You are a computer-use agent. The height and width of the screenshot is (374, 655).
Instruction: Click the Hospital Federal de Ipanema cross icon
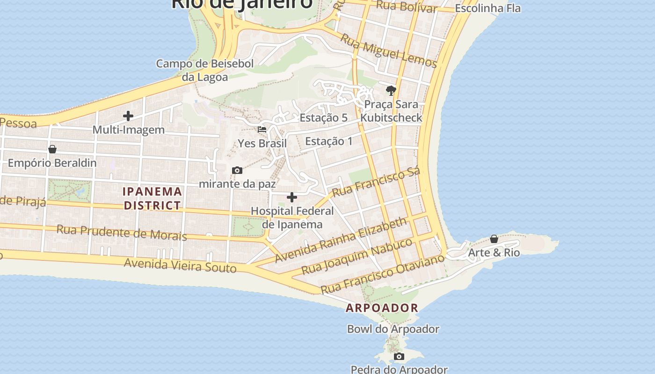tap(292, 197)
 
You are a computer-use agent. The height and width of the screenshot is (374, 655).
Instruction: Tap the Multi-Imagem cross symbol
tap(128, 115)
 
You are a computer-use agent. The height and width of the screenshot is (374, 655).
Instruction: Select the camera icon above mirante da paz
tap(237, 170)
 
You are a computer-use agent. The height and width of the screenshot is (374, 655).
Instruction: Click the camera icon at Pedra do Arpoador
tap(399, 357)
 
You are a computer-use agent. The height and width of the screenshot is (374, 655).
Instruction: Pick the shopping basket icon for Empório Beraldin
tap(52, 149)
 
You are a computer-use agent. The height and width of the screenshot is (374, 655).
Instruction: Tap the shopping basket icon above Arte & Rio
tap(494, 239)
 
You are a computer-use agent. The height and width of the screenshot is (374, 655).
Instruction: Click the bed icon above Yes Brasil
tap(262, 129)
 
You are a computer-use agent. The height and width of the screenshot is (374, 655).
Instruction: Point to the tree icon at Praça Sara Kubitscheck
tap(391, 90)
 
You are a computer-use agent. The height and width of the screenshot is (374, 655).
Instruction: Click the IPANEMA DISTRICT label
tap(152, 198)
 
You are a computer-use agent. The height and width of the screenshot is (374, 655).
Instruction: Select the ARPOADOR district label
tap(382, 308)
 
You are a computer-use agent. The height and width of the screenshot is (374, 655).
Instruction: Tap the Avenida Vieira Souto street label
tap(180, 265)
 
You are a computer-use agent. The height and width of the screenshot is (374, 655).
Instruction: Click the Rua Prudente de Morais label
tap(122, 232)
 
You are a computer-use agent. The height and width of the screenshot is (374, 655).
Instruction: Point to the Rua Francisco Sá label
tap(376, 182)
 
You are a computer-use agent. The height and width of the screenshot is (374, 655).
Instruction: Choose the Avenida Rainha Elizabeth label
tap(341, 240)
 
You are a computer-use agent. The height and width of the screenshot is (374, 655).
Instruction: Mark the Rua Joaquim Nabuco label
tap(357, 256)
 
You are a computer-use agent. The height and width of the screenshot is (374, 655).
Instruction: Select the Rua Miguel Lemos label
tap(388, 50)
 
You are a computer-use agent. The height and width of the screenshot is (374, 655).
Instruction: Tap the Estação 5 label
tap(324, 118)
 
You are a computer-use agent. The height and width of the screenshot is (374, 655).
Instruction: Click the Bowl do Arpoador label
tap(393, 329)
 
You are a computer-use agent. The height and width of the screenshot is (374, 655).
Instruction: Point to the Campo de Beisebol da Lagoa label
tap(205, 70)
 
